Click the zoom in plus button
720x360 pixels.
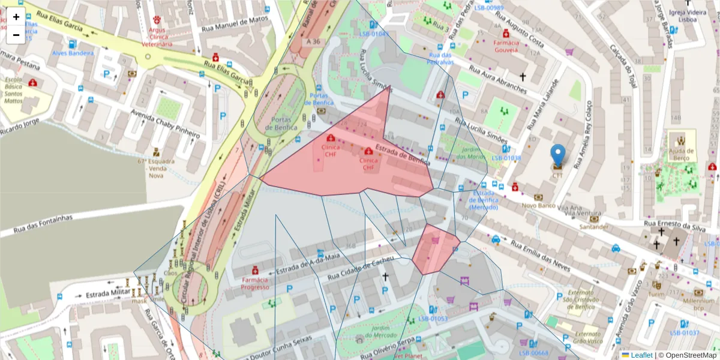click(x=16, y=17)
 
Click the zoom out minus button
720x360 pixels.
click(x=16, y=35)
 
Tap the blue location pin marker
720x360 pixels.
click(x=557, y=155)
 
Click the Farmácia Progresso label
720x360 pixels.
click(x=255, y=283)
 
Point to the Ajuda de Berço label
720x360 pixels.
click(x=682, y=154)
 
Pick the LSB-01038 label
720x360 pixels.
click(x=506, y=158)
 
